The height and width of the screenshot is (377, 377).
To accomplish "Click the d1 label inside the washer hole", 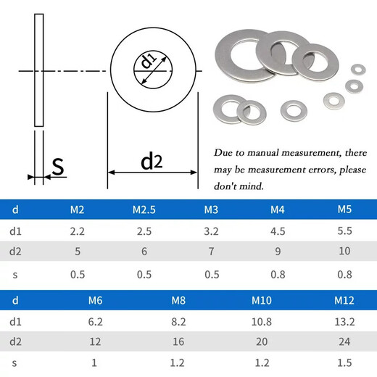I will (x=149, y=63).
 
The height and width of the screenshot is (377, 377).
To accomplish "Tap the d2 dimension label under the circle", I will (x=152, y=161).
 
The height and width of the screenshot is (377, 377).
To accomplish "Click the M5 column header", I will (x=344, y=210).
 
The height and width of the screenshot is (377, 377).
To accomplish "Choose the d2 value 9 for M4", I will (x=278, y=252).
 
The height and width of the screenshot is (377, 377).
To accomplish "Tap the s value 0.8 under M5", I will (x=344, y=274).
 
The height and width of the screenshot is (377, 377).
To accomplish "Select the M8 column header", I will (x=178, y=300).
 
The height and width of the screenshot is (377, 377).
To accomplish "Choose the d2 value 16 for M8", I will (x=178, y=340).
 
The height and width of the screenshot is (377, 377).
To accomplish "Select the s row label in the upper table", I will (x=15, y=274).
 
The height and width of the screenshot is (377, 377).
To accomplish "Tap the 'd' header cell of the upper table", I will (x=15, y=210).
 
